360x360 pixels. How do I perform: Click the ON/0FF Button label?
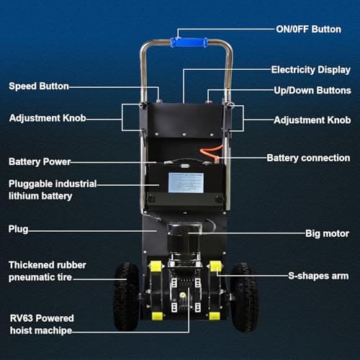pos(308,30)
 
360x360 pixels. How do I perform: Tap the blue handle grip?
pos(189,42)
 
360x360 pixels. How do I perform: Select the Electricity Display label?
pos(311,70)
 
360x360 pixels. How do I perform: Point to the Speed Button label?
pos(39,86)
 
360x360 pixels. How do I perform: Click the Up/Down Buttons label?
pos(312,91)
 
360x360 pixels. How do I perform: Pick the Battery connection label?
pos(308,158)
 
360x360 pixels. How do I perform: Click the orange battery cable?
pos(211,152)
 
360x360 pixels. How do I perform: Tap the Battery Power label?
pos(40,162)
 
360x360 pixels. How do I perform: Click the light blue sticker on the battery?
pos(186,183)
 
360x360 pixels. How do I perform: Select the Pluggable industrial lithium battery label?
pos(53,190)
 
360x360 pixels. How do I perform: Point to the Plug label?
pos(18,229)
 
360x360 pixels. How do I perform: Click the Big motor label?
pos(327,233)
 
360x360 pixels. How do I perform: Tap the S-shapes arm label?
pos(318,276)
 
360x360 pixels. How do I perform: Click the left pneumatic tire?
pos(127,297)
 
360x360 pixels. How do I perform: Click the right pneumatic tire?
pos(244,297)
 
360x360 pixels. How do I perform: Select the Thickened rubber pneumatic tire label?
pos(48,271)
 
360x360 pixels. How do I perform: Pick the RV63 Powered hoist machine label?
pos(42,325)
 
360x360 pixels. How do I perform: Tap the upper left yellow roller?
pos(156,266)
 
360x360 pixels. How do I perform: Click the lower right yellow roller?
pos(215,316)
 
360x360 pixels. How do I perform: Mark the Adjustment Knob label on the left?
pos(48,118)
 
